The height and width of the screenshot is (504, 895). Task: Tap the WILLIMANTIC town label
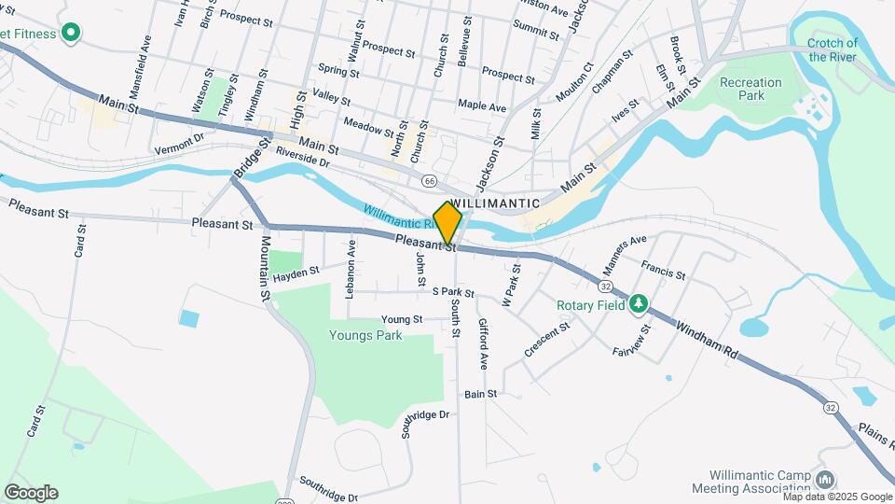[x=495, y=203]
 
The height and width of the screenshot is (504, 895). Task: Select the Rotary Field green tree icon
[x=639, y=303]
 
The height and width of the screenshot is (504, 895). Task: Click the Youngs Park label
[x=365, y=335]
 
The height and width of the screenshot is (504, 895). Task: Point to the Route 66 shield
[x=429, y=180]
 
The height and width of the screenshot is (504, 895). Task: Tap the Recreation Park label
[x=750, y=89]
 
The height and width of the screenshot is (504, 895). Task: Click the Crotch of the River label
[x=833, y=49]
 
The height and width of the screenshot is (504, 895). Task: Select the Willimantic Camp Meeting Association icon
[x=825, y=480]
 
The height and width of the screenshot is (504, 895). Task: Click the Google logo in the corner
[x=31, y=493]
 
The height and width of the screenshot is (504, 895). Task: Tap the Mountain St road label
[x=265, y=268]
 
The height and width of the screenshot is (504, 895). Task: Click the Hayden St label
[x=296, y=272]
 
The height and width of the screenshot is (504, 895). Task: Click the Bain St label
[x=481, y=394]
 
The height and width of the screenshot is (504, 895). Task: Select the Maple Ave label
[x=481, y=105]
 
